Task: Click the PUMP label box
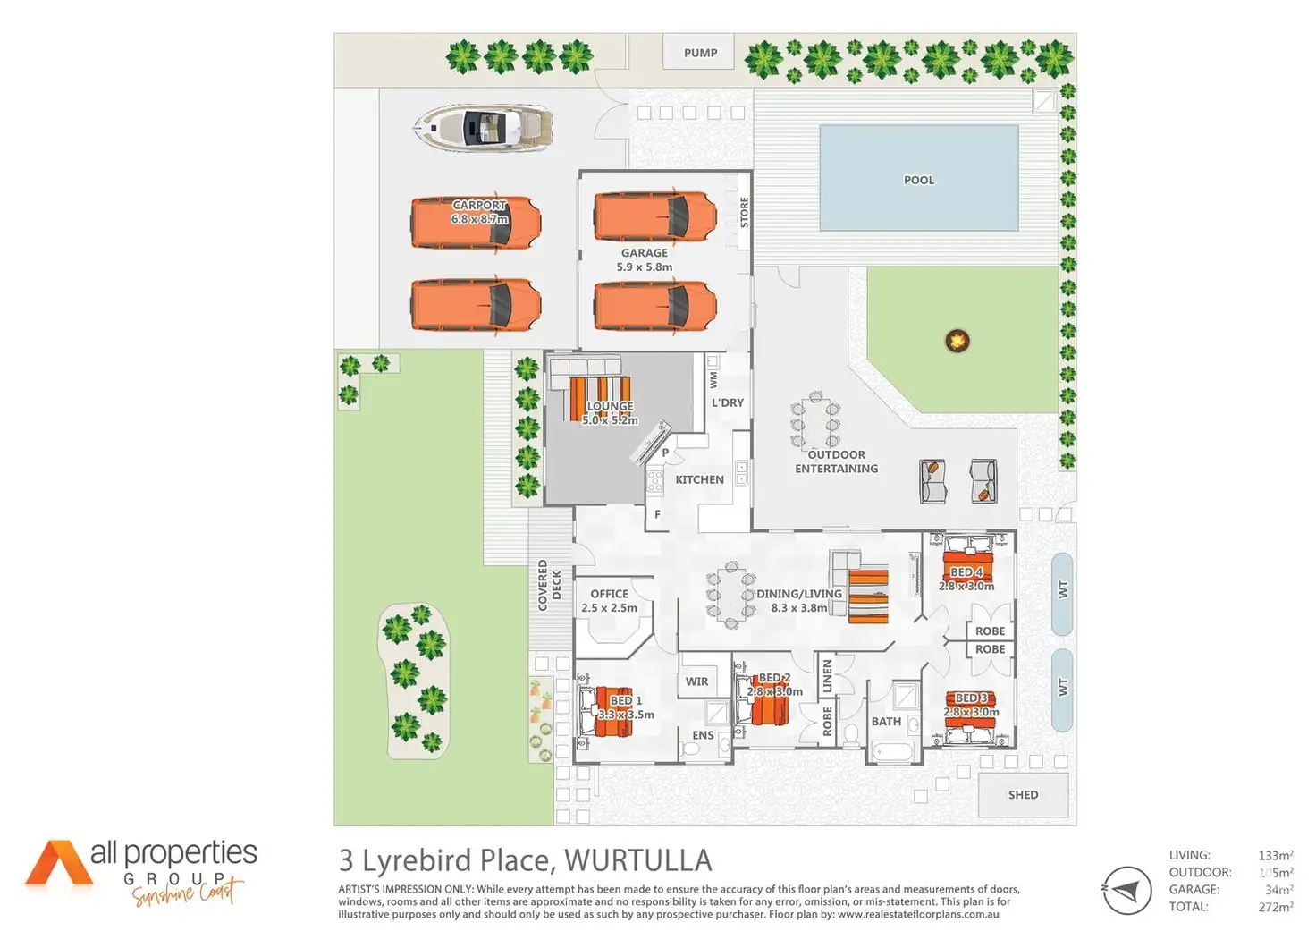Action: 700,53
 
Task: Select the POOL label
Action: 918,180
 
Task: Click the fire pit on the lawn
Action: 957,341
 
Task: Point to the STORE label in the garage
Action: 744,212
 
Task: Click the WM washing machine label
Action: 713,379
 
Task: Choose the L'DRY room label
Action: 727,402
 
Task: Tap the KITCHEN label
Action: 699,479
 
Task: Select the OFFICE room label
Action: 609,594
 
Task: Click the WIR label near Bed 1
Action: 696,681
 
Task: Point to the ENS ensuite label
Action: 703,735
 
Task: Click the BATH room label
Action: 886,721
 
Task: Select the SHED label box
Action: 1023,794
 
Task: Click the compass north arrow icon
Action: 1126,891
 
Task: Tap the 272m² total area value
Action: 1275,907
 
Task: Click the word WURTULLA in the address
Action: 638,860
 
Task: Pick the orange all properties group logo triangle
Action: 58,863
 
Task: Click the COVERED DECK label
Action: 549,586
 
